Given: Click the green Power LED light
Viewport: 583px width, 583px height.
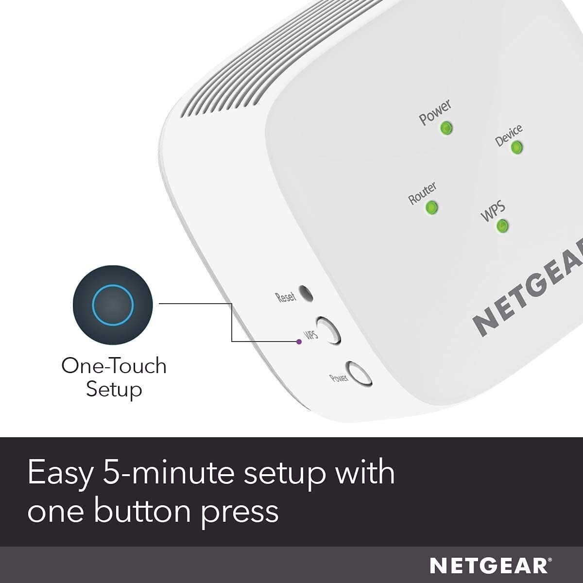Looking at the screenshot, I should point(446,128).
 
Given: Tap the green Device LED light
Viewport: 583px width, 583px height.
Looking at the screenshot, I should point(516,147).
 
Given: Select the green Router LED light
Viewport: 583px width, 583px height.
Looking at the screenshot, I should point(431,207).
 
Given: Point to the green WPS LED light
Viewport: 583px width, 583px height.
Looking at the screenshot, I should point(502,225).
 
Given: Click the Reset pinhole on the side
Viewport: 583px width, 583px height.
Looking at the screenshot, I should point(306,293).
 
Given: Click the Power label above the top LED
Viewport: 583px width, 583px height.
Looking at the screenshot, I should point(435,112).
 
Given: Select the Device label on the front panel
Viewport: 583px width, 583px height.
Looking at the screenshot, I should point(509,135).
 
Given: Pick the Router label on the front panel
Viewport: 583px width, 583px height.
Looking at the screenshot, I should point(422,193).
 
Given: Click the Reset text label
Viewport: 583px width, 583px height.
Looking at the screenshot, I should point(285,297).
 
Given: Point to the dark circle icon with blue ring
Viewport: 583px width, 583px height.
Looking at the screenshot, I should point(113,305).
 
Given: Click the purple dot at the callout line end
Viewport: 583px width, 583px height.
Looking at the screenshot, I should point(299,342).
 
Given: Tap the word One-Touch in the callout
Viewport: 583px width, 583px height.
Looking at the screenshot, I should point(114,366).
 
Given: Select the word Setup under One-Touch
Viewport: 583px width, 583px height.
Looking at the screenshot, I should point(114,390).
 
